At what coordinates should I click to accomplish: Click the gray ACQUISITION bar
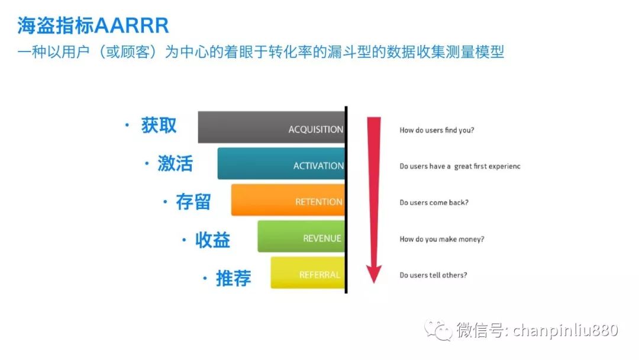pos(272,127)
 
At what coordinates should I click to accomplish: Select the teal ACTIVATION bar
pos(281,163)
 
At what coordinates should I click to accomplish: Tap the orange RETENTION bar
pos(288,200)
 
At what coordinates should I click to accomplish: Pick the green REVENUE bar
pos(301,236)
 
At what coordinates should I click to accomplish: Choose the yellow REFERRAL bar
pos(308,273)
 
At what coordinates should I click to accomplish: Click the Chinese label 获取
pos(159,125)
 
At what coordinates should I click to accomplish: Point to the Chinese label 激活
pos(175,163)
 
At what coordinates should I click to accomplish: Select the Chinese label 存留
pos(193,202)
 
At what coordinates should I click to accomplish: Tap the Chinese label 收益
pos(213,240)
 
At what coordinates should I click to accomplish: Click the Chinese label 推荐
pos(233,278)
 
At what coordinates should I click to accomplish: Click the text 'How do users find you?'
pos(437,130)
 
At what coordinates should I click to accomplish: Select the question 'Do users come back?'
pos(434,202)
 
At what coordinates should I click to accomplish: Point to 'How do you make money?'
pos(442,239)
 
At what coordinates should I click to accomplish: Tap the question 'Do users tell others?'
pos(433,275)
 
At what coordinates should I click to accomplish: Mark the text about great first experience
pos(460,166)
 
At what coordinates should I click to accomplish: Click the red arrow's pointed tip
pos(374,282)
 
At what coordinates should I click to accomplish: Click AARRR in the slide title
pos(131,25)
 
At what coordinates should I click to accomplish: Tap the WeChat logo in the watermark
pos(438,330)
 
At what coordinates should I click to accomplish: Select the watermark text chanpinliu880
pos(565,330)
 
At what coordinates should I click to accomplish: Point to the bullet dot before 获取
pos(127,125)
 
